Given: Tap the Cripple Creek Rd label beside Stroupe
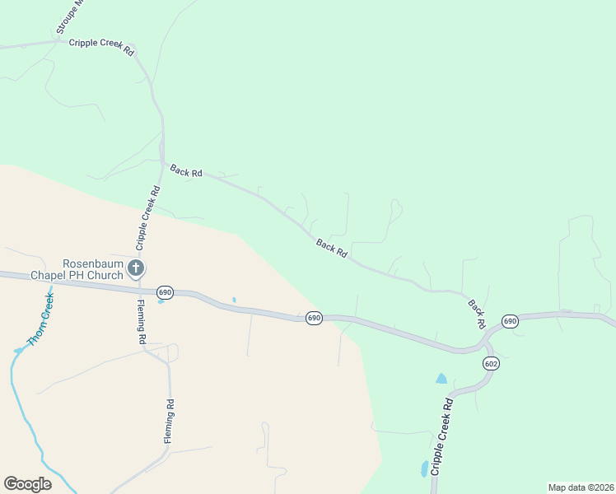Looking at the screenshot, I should [x=101, y=46].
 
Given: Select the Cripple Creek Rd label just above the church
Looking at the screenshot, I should [x=148, y=217].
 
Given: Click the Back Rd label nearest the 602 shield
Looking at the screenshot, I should [x=476, y=314].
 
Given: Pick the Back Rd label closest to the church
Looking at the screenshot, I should [x=186, y=171].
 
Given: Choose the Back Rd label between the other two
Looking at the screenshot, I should [x=331, y=248].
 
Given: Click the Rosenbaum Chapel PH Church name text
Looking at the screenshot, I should [x=76, y=269].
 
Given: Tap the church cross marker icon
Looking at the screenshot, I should [x=136, y=268].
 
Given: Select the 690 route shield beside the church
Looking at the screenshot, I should [x=165, y=292].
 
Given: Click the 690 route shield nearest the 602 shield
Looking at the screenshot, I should [x=510, y=320].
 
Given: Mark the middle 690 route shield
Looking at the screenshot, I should [x=313, y=318].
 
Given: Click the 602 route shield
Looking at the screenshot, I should [x=492, y=363].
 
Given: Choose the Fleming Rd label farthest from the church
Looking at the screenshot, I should [x=168, y=422].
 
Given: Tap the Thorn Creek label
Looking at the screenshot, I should [x=40, y=319].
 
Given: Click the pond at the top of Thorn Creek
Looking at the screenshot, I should [x=18, y=351].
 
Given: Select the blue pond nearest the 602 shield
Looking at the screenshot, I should [x=441, y=379].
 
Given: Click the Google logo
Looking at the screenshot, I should [x=27, y=484].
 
